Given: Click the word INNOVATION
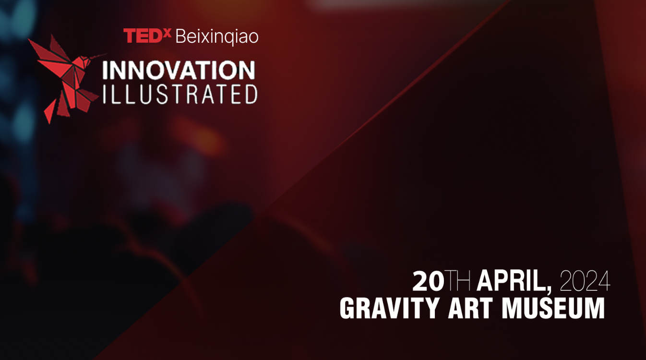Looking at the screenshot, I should click(178, 71).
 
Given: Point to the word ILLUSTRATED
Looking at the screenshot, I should click(180, 95).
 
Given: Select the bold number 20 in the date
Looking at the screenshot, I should click(429, 282).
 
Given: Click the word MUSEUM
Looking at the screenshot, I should click(553, 309).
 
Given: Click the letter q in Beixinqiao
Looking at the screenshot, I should click(231, 38).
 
